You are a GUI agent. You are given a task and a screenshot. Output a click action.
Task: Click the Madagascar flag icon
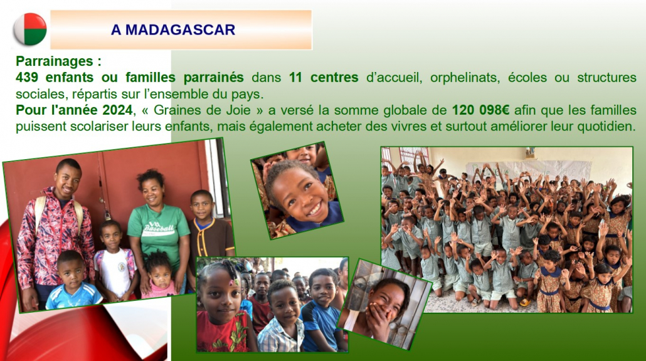point(30,29)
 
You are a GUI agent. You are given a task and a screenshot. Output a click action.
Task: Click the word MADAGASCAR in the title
point(180,29)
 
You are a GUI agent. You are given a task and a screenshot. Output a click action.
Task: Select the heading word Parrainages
point(55,61)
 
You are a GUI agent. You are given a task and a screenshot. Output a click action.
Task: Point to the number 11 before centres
point(295,77)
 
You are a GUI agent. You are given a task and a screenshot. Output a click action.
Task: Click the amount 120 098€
point(481,110)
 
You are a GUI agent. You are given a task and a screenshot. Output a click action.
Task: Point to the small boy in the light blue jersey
point(73,281)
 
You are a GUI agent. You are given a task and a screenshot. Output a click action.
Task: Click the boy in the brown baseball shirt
point(209,231)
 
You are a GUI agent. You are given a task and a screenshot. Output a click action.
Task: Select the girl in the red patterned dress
point(223,306)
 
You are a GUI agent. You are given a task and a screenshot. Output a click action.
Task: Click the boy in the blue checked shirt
point(282,317)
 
